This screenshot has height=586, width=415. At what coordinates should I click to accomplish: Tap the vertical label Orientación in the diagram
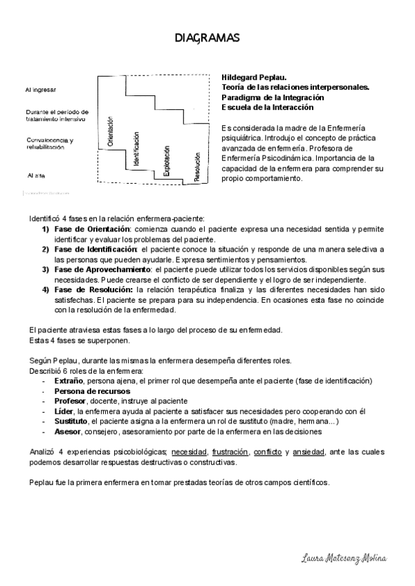pos(110,132)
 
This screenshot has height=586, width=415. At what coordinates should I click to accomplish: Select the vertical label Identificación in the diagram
pos(137,147)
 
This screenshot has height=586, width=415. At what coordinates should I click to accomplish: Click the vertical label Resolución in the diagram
pos(197,167)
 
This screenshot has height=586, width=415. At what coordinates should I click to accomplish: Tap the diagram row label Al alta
pos(37,176)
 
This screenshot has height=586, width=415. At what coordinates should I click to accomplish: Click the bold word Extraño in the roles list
pos(68,381)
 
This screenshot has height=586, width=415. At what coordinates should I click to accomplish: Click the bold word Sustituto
pos(70,420)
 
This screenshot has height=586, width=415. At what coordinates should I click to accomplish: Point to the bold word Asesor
pos(66,431)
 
